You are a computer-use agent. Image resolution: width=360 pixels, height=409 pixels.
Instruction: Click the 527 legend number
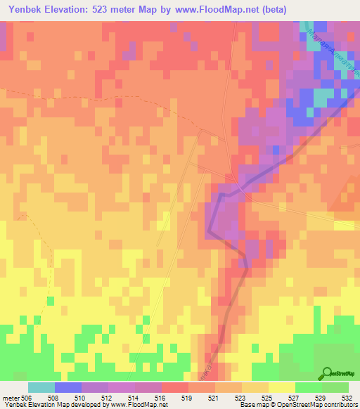point(295,398)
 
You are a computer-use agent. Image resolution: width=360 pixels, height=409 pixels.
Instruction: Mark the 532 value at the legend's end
point(348,398)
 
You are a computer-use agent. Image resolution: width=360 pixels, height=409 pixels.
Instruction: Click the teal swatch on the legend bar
point(41,387)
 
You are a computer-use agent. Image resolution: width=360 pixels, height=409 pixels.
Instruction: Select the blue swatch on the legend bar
point(67,387)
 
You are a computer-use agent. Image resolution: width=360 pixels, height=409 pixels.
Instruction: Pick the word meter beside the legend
point(11,398)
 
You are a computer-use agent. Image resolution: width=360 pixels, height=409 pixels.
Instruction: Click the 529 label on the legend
point(321,398)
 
